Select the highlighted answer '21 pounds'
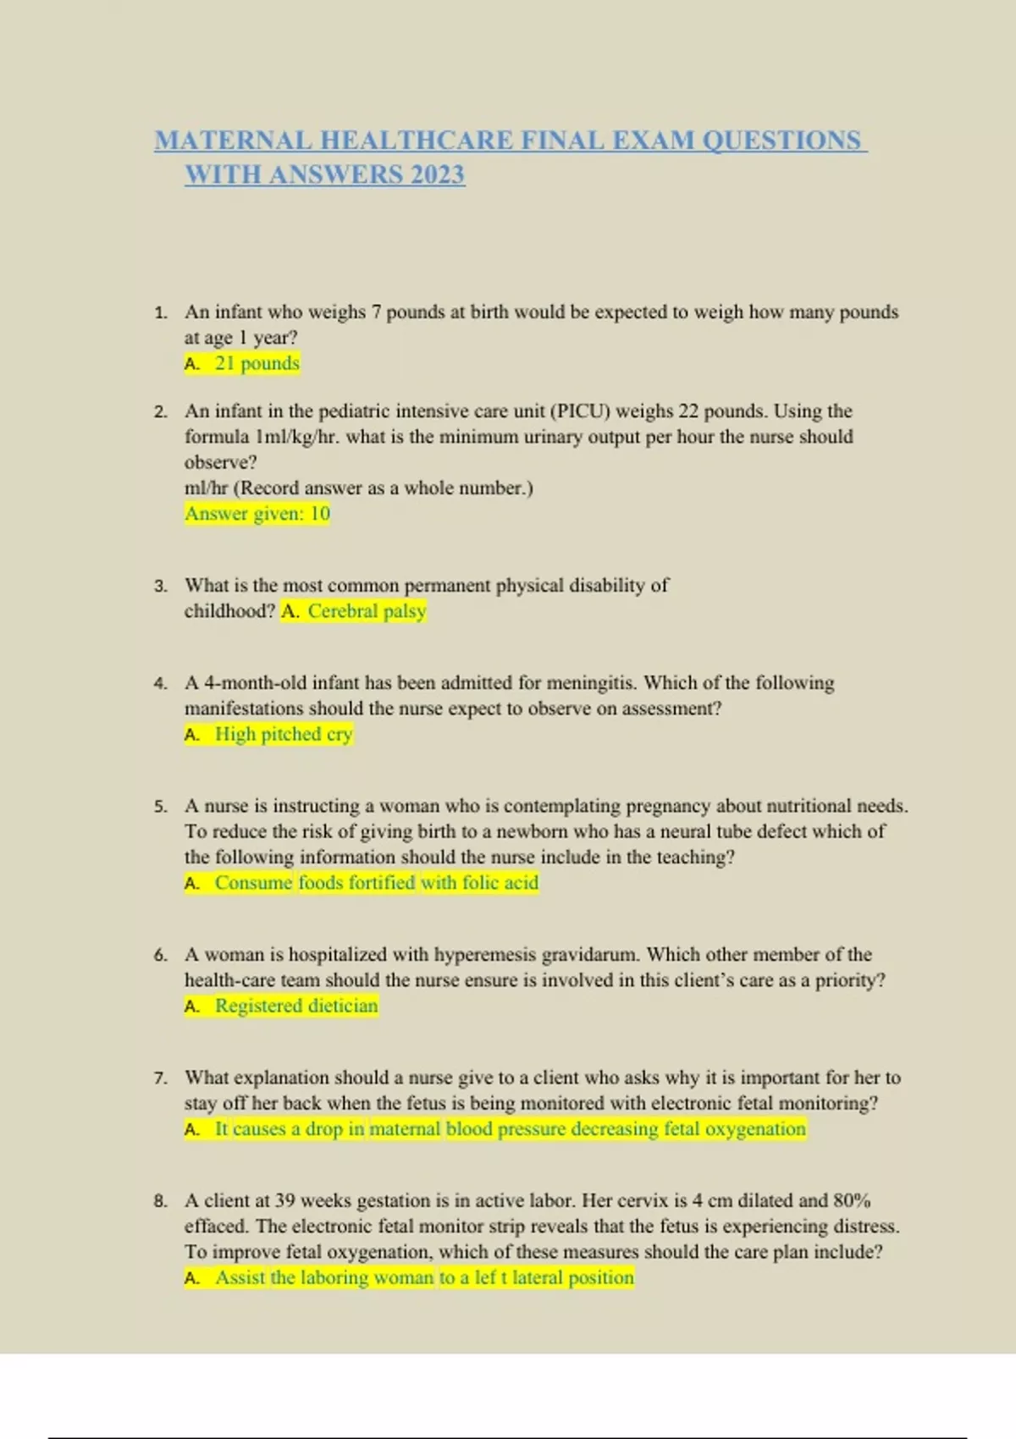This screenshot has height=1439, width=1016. pyautogui.click(x=257, y=363)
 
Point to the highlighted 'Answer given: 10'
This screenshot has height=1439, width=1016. pyautogui.click(x=257, y=514)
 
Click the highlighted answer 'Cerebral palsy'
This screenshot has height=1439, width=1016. pyautogui.click(x=366, y=611)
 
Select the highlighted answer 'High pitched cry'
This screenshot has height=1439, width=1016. pyautogui.click(x=283, y=734)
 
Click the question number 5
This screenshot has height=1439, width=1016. pyautogui.click(x=161, y=807)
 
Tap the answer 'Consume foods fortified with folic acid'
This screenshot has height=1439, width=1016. pyautogui.click(x=376, y=883)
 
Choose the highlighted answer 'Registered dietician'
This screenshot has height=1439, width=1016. pyautogui.click(x=295, y=1006)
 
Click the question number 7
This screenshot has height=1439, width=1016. pyautogui.click(x=161, y=1078)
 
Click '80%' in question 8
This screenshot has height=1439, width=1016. pyautogui.click(x=851, y=1201)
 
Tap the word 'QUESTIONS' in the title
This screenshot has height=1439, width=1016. pyautogui.click(x=781, y=140)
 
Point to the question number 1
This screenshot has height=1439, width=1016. pyautogui.click(x=161, y=313)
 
